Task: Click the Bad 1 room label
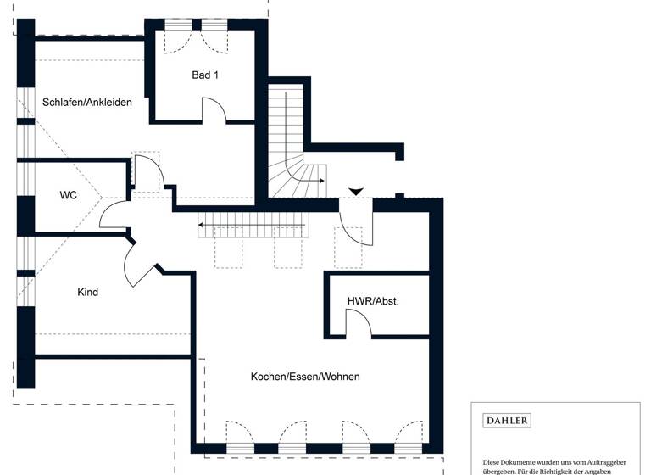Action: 205,75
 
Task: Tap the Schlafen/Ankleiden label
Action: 87,103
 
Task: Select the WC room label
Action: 69,195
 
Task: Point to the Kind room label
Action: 88,292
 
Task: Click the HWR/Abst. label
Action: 372,301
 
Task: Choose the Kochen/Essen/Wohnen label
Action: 305,376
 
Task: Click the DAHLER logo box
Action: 507,421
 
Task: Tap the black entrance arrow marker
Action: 355,192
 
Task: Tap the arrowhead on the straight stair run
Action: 203,225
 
